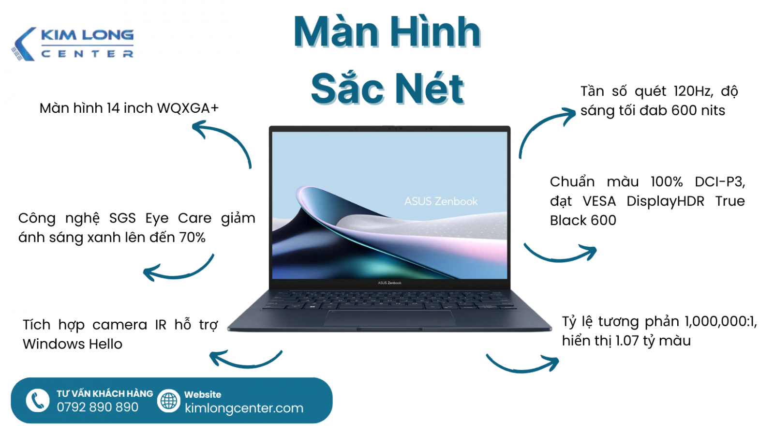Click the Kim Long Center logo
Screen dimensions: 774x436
[73, 44]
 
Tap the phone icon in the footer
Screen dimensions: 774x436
[37, 400]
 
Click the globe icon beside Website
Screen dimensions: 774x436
[169, 401]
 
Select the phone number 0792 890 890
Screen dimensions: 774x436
[97, 407]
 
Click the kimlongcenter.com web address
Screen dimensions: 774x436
[244, 408]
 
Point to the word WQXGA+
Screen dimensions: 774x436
[188, 108]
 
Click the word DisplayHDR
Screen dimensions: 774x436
[665, 201]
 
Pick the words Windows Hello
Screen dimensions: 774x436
[73, 344]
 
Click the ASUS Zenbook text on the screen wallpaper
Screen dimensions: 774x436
[441, 201]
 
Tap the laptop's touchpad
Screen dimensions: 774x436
[389, 318]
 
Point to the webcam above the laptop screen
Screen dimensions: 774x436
[390, 128]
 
